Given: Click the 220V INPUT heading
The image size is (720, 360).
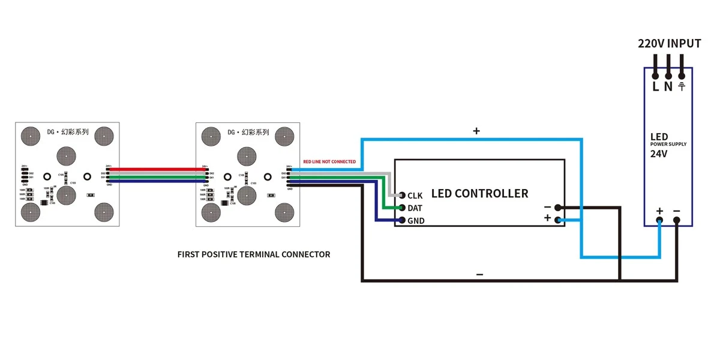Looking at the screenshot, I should click(669, 44).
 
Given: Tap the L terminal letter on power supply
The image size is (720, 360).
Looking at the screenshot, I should click(655, 86).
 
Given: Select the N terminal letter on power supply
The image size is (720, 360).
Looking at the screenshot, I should click(668, 86).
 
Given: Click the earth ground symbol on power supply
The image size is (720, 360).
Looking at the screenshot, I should click(682, 86).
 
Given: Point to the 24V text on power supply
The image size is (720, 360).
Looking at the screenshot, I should click(658, 154).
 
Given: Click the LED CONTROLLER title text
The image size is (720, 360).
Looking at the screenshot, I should click(479, 194).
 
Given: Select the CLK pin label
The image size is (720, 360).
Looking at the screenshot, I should click(415, 196).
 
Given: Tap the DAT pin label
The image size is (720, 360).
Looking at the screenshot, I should click(415, 208).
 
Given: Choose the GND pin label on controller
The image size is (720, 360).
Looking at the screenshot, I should click(416, 221).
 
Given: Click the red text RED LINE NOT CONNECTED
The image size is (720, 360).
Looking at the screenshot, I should click(329, 162).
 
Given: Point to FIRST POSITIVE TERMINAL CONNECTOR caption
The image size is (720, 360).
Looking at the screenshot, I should click(254, 254).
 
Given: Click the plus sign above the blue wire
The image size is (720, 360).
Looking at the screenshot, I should click(476, 131).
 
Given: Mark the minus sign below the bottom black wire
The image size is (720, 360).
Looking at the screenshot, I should click(479, 274).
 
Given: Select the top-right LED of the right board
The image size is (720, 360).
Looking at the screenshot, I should click(284, 136).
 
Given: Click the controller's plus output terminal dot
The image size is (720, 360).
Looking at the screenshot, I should click(558, 220).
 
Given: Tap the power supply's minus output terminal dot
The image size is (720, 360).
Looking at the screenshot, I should click(677, 220).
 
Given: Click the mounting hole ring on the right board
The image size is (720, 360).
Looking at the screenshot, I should click(227, 177).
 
